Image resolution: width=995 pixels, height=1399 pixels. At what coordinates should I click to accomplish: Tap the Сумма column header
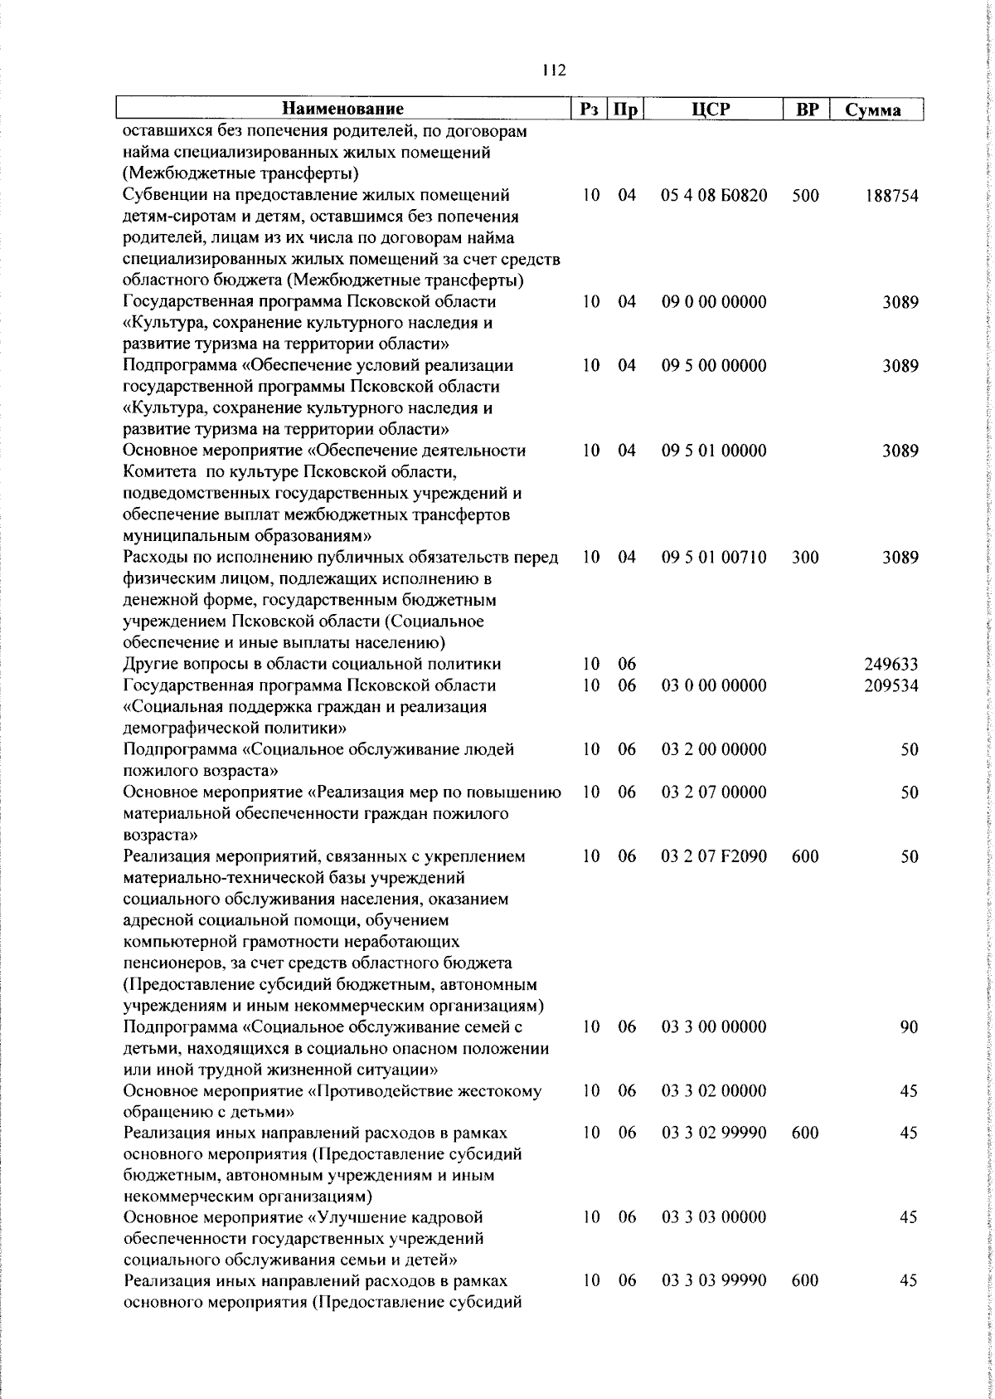coord(873,110)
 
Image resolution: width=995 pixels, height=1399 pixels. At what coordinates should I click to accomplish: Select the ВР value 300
coord(804,558)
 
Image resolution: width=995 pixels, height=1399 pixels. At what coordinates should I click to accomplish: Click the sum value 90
coord(909,1027)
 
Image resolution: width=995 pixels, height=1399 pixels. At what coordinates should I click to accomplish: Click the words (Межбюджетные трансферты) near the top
coord(240,174)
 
